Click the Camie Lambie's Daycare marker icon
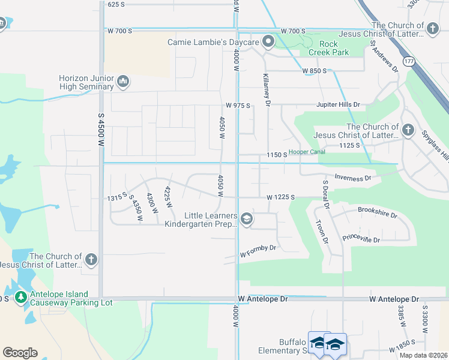pyautogui.click(x=268, y=42)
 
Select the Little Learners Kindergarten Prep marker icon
pyautogui.click(x=246, y=220)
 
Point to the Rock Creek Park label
pyautogui.click(x=328, y=48)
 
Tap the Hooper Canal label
pyautogui.click(x=307, y=152)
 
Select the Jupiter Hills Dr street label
pyautogui.click(x=339, y=104)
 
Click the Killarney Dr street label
pyautogui.click(x=267, y=91)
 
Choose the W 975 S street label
pyautogui.click(x=238, y=106)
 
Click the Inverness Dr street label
pyautogui.click(x=354, y=178)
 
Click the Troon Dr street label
pyautogui.click(x=322, y=231)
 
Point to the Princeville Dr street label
pyautogui.click(x=361, y=239)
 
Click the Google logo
pyautogui.click(x=20, y=352)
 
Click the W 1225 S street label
pyautogui.click(x=282, y=197)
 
